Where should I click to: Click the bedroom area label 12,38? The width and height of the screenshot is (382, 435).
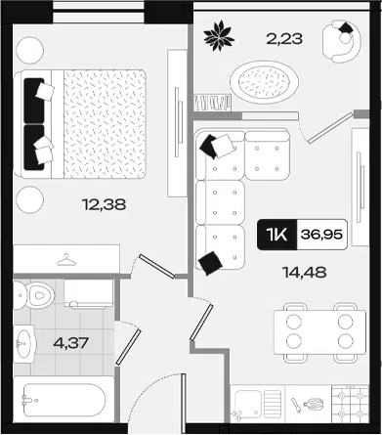(105, 204)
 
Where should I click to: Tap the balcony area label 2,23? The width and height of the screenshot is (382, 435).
(284, 39)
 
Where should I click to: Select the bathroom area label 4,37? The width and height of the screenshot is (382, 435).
(71, 343)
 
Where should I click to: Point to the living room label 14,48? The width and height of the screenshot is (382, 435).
(305, 272)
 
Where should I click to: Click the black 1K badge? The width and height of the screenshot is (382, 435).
(277, 235)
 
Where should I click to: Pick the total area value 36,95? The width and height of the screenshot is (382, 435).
(321, 235)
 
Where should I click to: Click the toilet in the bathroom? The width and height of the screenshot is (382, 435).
(34, 295)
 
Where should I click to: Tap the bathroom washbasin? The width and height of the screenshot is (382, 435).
(23, 343)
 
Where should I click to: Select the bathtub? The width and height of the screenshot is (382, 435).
(64, 400)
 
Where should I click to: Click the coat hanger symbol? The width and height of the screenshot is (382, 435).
(66, 260)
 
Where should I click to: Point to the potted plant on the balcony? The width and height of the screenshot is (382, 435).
(219, 35)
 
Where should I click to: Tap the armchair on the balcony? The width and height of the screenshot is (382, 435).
(341, 41)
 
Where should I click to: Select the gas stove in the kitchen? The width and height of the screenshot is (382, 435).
(350, 405)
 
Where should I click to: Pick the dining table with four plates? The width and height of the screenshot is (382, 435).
(319, 332)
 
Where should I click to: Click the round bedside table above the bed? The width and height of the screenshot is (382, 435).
(29, 51)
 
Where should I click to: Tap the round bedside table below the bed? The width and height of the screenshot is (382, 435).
(29, 199)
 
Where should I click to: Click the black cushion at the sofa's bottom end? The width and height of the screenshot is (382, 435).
(210, 263)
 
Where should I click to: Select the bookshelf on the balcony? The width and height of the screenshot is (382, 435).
(212, 103)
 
